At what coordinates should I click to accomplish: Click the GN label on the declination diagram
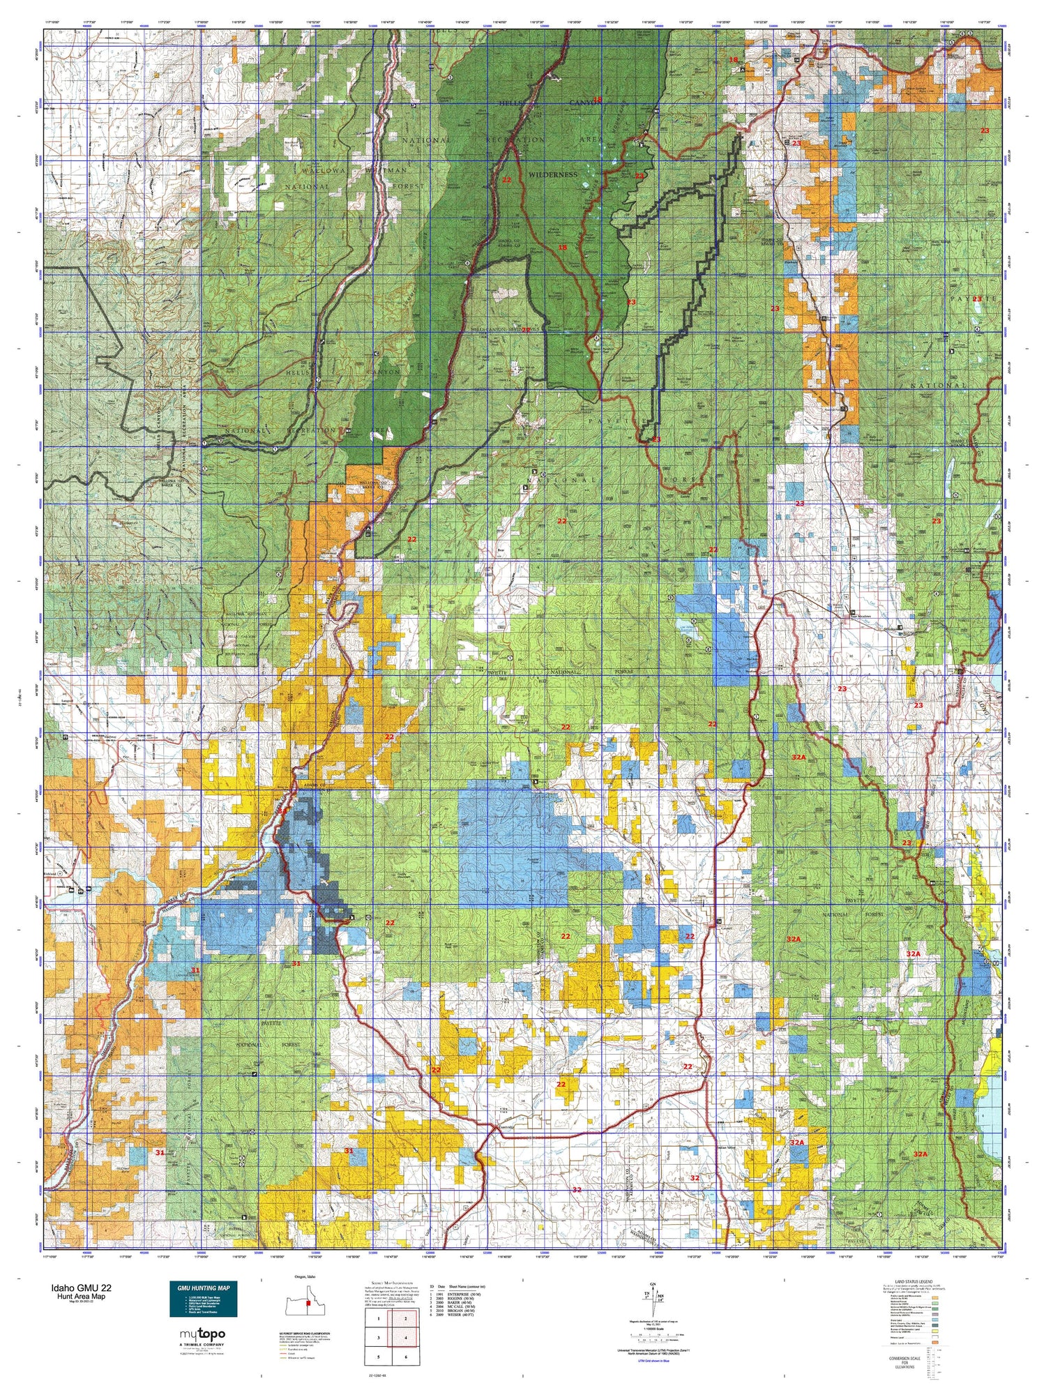click(652, 1284)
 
